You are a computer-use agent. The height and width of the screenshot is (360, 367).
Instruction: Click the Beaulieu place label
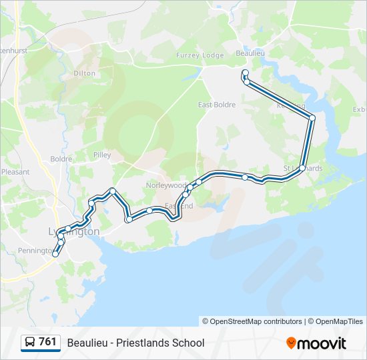click(251, 53)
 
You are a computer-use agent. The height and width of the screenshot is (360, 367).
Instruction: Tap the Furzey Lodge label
click(204, 55)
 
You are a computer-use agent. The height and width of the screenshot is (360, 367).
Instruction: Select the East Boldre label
click(217, 105)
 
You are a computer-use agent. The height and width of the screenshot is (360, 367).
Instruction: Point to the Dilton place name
click(85, 73)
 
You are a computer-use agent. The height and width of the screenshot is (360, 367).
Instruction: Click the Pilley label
click(102, 155)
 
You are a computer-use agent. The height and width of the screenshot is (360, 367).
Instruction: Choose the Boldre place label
click(61, 159)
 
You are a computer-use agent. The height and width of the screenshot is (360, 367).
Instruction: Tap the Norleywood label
click(166, 185)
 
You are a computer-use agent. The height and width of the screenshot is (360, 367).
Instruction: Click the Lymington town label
click(75, 231)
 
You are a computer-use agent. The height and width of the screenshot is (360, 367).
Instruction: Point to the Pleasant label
click(15, 171)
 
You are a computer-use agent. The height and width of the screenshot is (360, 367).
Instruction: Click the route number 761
click(47, 342)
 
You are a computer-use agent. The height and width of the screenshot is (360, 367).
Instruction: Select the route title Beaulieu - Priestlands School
click(135, 343)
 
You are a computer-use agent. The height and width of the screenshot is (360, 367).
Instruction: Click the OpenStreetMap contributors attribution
click(252, 321)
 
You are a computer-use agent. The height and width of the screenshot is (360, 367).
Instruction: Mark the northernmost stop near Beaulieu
click(245, 73)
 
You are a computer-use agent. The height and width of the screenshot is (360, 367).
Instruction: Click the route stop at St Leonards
click(302, 168)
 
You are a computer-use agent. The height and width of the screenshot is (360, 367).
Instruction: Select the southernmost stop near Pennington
click(55, 253)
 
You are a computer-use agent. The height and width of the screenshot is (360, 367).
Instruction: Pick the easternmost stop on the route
click(312, 118)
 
